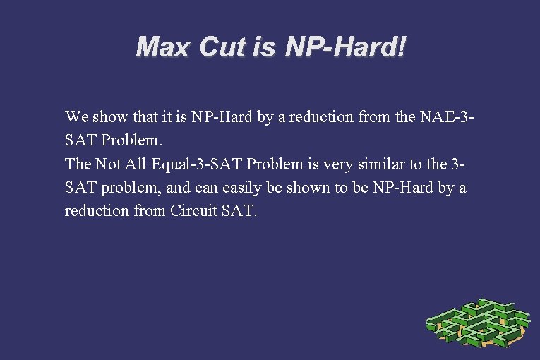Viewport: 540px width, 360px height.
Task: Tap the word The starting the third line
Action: click(x=78, y=164)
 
